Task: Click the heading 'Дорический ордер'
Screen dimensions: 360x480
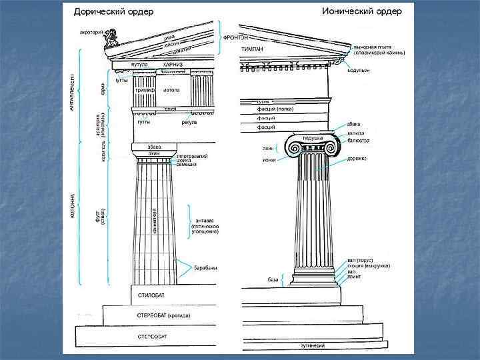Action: [113, 11]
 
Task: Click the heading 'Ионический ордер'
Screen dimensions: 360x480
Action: [361, 11]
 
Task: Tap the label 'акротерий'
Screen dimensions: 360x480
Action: [91, 31]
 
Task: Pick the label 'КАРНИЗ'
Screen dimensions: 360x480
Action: [173, 65]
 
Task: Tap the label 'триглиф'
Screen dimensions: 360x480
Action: [145, 89]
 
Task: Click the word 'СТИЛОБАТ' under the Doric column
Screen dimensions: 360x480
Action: [152, 294]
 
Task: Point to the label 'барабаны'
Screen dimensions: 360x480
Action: [205, 268]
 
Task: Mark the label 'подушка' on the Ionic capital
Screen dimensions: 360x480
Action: [313, 138]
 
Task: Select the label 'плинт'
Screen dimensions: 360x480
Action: [354, 277]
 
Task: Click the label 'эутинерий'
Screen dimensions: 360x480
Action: [312, 345]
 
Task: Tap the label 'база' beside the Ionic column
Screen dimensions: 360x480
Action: [273, 279]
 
